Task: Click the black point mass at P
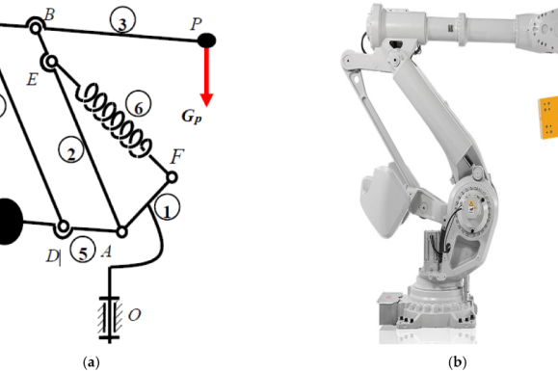pos(206,40)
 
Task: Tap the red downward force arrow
pos(206,76)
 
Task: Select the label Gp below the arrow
pos(192,117)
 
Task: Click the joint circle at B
pos(36,27)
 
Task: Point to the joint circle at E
pos(51,63)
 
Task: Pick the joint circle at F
pos(172,177)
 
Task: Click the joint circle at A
pos(121,232)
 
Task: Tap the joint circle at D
pos(63,226)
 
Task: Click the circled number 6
pos(139,104)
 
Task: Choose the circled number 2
pos(71,150)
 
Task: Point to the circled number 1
pos(167,207)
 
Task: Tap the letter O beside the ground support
pos(134,315)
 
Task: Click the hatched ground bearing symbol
pos(109,318)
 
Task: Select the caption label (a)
pos(92,362)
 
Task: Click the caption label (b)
pos(457,362)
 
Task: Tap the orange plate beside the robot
pos(547,118)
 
